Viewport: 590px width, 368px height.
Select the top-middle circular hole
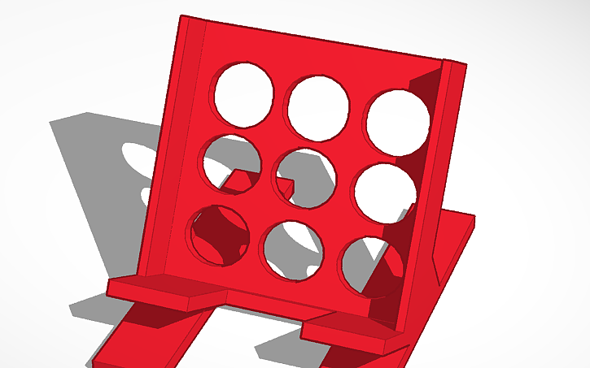(317, 106)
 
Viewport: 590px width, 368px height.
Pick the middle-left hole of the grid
(231, 161)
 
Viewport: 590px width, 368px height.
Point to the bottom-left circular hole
(217, 236)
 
